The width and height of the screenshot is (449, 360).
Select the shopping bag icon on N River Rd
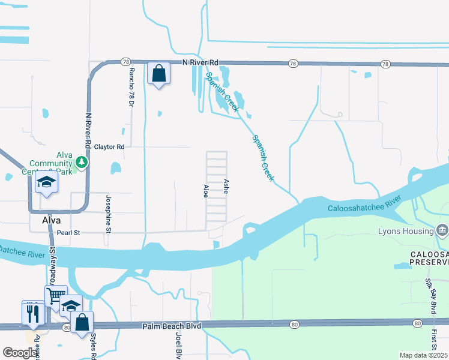[158, 74]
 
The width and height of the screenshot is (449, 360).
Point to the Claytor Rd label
[109, 146]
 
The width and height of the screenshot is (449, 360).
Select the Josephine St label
[109, 213]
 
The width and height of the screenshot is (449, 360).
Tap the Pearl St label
[68, 232]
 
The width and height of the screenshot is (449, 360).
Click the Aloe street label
[206, 191]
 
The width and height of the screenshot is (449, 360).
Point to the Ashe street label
[226, 185]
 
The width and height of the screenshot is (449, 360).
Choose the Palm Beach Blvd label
[171, 326]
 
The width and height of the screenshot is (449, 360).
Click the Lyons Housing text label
[406, 232]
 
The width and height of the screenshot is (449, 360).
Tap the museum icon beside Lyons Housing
[442, 230]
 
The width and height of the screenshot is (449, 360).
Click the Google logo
[20, 353]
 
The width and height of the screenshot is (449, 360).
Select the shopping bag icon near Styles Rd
[82, 322]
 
